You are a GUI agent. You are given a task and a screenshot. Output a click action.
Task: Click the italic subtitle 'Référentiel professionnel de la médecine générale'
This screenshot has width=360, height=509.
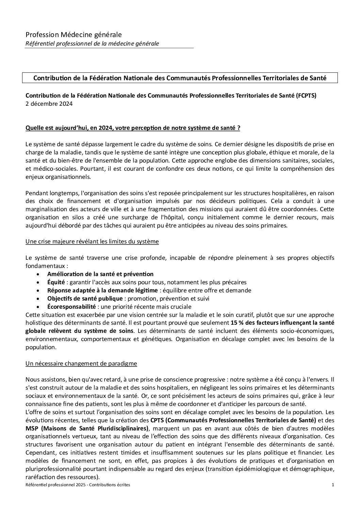click(x=92, y=43)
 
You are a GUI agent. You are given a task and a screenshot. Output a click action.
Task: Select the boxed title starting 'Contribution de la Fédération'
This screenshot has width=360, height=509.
click(x=180, y=78)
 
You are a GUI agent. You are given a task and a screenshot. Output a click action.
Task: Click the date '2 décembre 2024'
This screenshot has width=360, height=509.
click(x=49, y=104)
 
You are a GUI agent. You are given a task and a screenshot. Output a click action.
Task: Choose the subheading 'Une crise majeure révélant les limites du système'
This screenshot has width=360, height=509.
click(x=92, y=241)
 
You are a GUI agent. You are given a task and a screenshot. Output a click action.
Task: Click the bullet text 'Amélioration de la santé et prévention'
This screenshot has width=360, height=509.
click(x=100, y=274)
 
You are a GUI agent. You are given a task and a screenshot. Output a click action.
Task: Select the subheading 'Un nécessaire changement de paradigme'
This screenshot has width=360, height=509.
click(x=81, y=363)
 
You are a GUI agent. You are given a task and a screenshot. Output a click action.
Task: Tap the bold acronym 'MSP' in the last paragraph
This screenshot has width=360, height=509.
click(x=32, y=428)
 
